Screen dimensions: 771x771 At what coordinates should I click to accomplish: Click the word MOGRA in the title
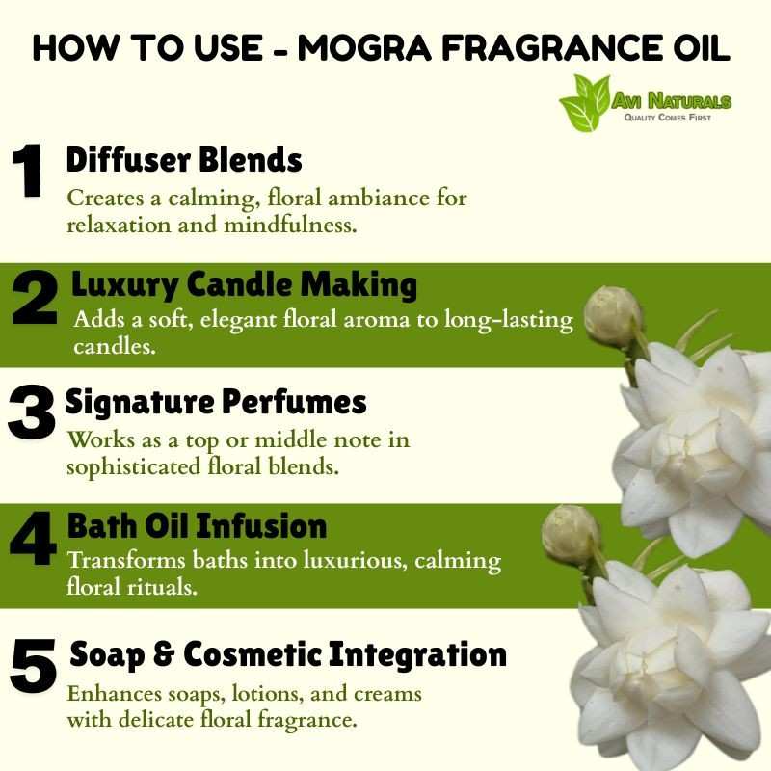click(364, 48)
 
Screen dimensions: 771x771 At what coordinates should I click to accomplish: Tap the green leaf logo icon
click(585, 103)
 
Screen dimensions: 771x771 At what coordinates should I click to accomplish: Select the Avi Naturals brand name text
click(671, 100)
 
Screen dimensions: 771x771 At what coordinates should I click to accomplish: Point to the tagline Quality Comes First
click(668, 118)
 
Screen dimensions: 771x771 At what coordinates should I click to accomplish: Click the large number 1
click(27, 171)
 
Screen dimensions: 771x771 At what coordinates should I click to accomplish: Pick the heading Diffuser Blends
click(184, 159)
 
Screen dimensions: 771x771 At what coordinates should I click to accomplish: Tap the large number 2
click(35, 298)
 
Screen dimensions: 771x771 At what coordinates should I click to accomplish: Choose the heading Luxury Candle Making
click(245, 284)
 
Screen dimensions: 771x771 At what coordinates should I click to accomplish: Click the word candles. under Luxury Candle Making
click(115, 347)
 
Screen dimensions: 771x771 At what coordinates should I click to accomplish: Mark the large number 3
click(32, 412)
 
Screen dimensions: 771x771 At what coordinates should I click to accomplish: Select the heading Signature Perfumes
click(216, 402)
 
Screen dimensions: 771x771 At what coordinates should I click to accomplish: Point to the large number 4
click(33, 538)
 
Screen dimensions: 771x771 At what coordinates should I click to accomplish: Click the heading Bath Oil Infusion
click(198, 525)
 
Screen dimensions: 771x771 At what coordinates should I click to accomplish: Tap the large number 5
click(33, 666)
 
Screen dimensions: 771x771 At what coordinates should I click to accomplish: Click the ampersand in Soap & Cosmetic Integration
click(164, 655)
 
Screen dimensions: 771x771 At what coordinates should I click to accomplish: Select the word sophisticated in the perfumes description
click(133, 467)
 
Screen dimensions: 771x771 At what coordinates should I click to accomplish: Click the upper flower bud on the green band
click(613, 316)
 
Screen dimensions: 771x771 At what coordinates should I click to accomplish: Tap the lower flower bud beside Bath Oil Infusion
click(571, 535)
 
